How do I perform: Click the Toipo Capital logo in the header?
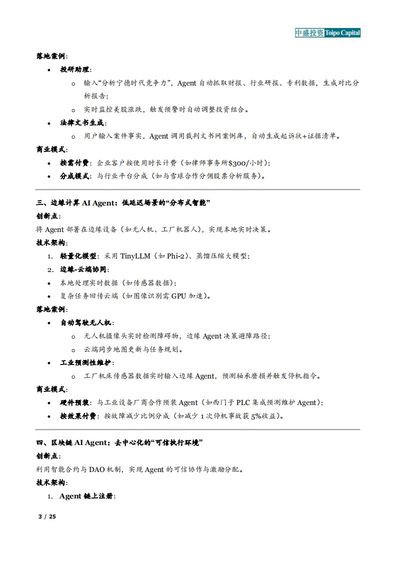click(x=327, y=32)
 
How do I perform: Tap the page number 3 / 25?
click(x=47, y=516)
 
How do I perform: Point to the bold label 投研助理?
click(x=76, y=69)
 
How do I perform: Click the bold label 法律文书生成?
click(x=83, y=122)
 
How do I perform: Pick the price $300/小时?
click(x=247, y=163)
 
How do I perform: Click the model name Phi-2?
click(x=174, y=256)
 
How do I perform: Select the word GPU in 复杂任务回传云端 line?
click(x=179, y=296)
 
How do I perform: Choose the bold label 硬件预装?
click(x=76, y=402)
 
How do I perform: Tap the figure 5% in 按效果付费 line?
click(x=256, y=416)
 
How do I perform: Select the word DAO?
click(x=97, y=469)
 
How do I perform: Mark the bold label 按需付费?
click(x=76, y=163)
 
